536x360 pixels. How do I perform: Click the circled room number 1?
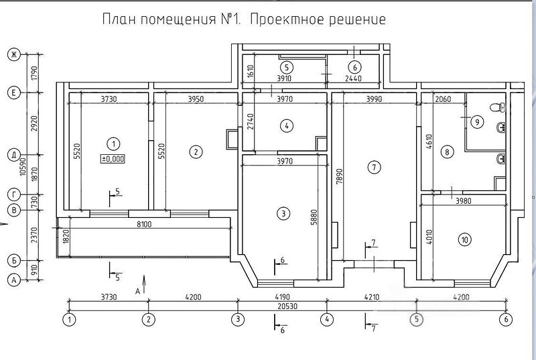(113, 144)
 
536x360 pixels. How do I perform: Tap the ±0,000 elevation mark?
(113, 159)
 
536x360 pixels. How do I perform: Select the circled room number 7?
(374, 167)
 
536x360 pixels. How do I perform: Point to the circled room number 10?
(464, 239)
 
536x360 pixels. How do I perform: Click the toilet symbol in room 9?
(497, 107)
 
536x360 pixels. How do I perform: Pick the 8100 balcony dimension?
(144, 225)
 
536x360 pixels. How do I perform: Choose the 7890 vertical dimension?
(340, 177)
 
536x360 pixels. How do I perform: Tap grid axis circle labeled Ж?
(14, 54)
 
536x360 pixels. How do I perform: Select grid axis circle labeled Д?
(14, 155)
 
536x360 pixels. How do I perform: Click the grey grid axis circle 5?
(416, 320)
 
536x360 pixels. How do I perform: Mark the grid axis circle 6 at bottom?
(506, 320)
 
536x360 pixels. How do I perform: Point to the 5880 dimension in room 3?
(314, 217)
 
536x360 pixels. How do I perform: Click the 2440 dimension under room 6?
(353, 78)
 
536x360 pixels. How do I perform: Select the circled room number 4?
(287, 126)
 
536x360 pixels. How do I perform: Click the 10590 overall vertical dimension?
(23, 166)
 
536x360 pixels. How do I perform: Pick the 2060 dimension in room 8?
(443, 99)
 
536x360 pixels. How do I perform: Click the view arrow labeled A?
(144, 284)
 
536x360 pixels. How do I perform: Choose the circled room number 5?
(287, 67)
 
